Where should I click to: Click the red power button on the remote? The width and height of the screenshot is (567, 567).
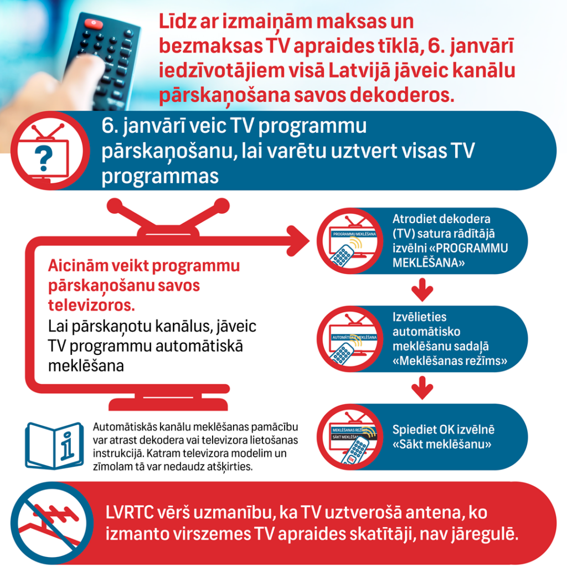click(94, 24)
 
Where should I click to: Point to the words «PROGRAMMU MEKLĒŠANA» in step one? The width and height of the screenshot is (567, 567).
click(450, 255)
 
